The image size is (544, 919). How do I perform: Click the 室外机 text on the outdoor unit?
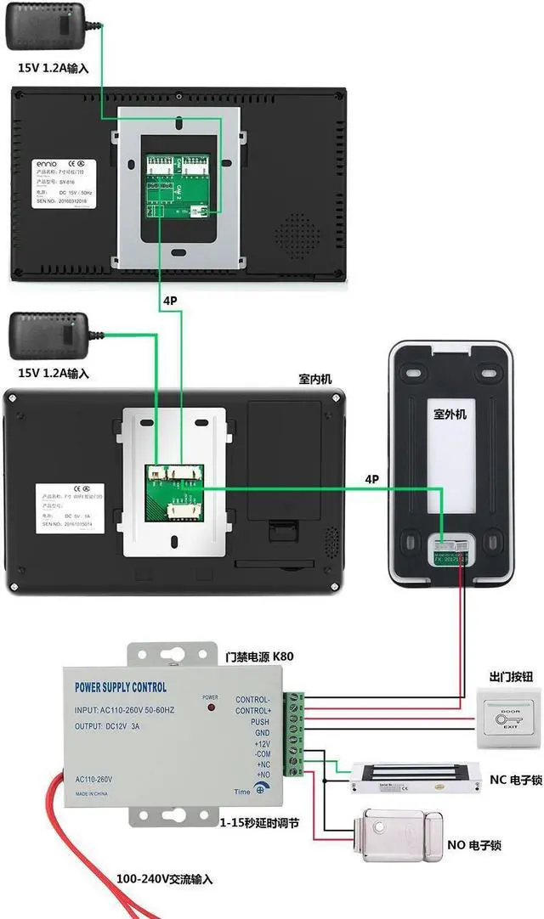(450, 414)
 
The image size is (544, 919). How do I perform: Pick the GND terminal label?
(261, 733)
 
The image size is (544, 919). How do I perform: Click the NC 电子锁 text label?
(516, 780)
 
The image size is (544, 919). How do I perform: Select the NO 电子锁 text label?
(473, 846)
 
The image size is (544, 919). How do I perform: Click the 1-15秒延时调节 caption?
(258, 823)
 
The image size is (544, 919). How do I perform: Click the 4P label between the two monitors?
(171, 301)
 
